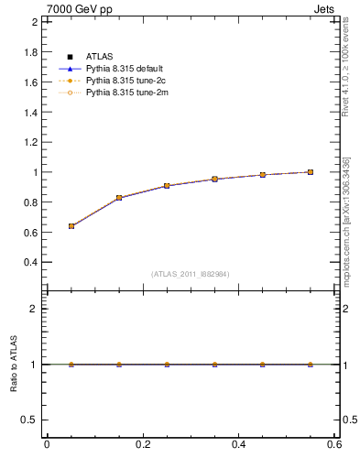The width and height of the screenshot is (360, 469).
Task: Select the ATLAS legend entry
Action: pyautogui.click(x=99, y=58)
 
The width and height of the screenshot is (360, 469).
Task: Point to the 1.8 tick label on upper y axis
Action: pyautogui.click(x=29, y=52)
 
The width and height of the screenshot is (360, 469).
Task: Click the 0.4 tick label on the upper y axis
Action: pyautogui.click(x=29, y=262)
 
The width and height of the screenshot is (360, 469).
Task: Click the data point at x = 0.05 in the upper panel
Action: pyautogui.click(x=71, y=225)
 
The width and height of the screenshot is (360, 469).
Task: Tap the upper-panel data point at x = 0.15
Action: pyautogui.click(x=119, y=198)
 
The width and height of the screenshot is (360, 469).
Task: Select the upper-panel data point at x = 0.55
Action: pyautogui.click(x=311, y=171)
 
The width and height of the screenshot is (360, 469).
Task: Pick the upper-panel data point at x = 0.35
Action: pyautogui.click(x=214, y=179)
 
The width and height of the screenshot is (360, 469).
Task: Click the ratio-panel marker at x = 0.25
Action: pyautogui.click(x=167, y=364)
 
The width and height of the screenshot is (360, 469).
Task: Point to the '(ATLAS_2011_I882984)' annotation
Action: pyautogui.click(x=191, y=274)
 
